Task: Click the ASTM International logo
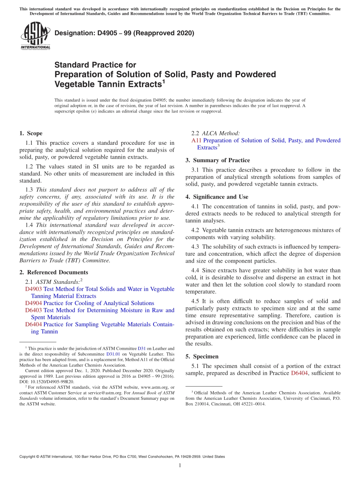(35, 36)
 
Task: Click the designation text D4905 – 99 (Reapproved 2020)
(124, 33)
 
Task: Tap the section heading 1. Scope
(31, 133)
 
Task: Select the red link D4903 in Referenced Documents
(33, 289)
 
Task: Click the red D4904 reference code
(33, 303)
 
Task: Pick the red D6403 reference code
(33, 310)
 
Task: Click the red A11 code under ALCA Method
(196, 141)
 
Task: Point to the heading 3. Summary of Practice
(218, 160)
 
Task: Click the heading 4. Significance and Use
(217, 197)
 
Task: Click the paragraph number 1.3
(29, 190)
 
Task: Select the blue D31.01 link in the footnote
(113, 354)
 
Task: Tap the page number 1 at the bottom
(180, 465)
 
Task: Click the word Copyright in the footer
(28, 457)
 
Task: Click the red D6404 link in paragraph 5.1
(299, 373)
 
